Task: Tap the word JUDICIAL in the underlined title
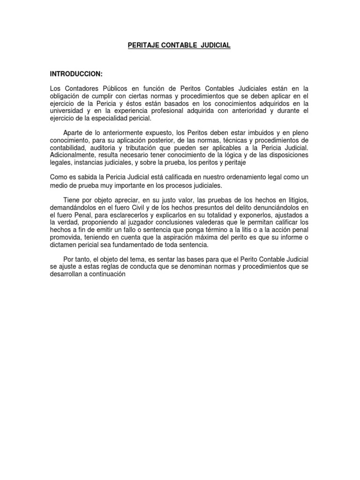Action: click(x=215, y=45)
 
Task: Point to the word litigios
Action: click(x=296, y=201)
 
